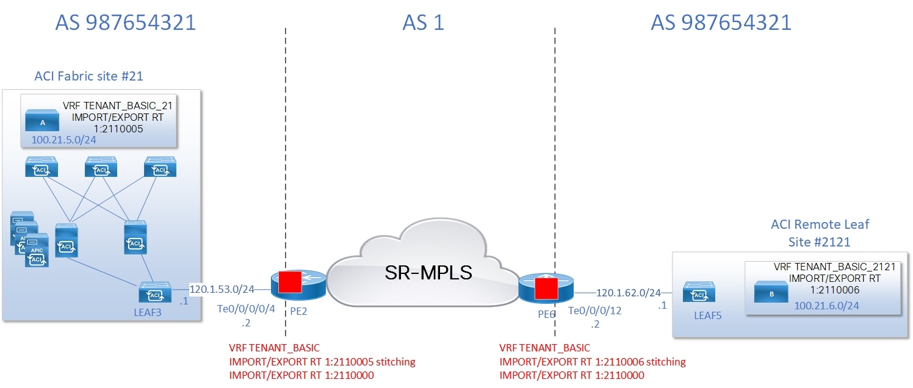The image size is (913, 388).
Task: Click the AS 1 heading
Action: (x=423, y=23)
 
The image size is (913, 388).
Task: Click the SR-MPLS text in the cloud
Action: (x=428, y=272)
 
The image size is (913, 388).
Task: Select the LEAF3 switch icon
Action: (x=155, y=292)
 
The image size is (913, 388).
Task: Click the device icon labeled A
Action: (x=43, y=121)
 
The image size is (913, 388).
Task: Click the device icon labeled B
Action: (x=771, y=293)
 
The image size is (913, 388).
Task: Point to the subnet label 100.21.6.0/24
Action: (x=826, y=305)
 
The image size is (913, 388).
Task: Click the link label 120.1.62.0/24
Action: (x=628, y=293)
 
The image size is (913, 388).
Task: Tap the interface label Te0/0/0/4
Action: (x=246, y=309)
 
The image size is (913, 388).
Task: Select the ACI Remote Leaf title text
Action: (x=820, y=225)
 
